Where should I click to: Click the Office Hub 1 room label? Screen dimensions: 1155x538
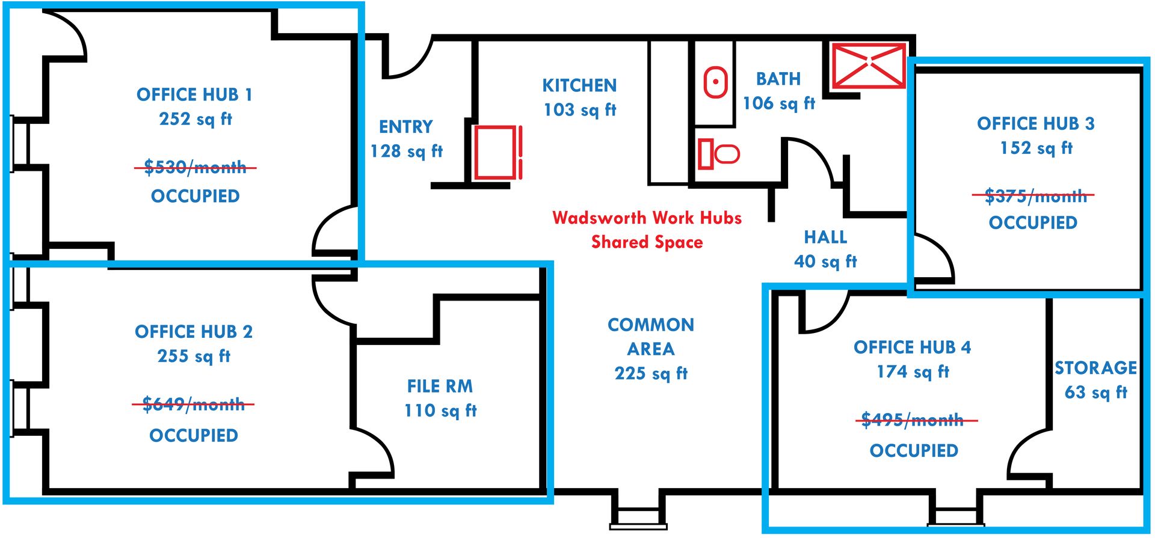tap(194, 94)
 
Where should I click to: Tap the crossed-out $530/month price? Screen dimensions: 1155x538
tap(195, 167)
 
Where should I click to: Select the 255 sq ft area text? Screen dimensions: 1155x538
tap(194, 356)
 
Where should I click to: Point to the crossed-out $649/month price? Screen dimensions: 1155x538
tap(193, 404)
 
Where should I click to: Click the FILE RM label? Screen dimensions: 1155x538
tap(440, 386)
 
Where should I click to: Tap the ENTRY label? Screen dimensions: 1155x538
tap(406, 127)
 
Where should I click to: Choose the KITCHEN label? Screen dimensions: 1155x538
tap(579, 85)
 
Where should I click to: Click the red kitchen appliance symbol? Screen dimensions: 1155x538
tap(497, 153)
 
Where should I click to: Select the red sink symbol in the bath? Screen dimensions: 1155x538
tap(716, 82)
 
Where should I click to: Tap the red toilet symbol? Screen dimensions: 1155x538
tap(719, 154)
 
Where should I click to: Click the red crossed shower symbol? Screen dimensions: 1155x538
tap(868, 66)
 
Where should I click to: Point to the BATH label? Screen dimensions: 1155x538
tap(778, 79)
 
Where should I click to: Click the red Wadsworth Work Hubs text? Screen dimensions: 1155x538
tap(647, 218)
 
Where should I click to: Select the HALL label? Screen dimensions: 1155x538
tap(825, 237)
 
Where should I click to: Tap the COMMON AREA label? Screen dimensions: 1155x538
tap(651, 337)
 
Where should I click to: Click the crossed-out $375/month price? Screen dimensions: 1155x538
tap(1033, 196)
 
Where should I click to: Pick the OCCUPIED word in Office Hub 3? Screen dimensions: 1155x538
tap(1033, 223)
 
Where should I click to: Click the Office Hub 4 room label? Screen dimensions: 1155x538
tap(913, 347)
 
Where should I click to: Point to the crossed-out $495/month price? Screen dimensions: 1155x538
tap(913, 420)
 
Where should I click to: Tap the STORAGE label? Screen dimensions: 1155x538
tap(1096, 368)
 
